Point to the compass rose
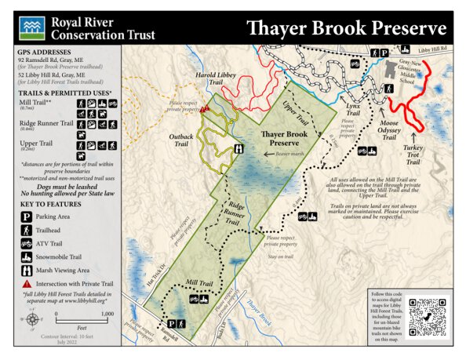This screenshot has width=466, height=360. [x=31, y=319]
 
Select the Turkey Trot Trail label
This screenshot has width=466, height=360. [x=413, y=155]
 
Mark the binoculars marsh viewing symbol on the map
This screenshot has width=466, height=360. [x=238, y=149]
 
